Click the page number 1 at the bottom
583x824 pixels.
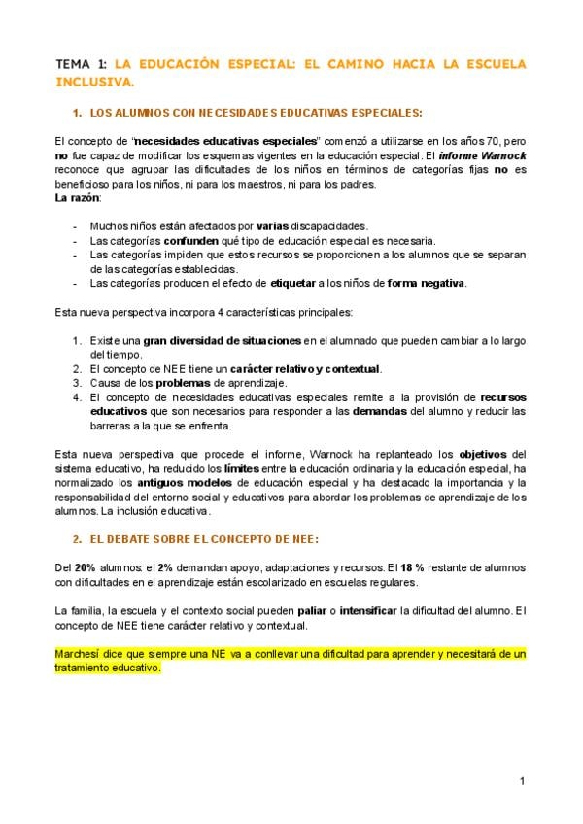tap(522, 780)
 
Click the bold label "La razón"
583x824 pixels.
tap(78, 198)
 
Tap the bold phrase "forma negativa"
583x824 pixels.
tap(427, 283)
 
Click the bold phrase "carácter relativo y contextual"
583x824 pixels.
tap(304, 369)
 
